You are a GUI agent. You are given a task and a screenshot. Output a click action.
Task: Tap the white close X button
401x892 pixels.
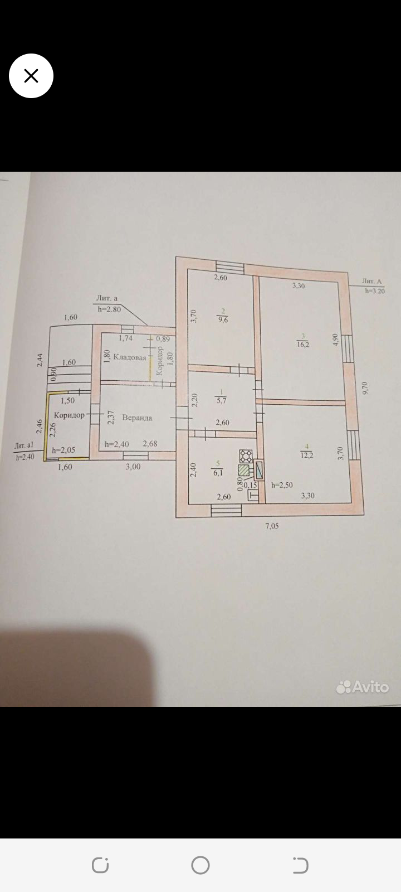(31, 76)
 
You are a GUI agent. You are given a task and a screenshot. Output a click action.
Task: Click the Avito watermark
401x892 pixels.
(363, 687)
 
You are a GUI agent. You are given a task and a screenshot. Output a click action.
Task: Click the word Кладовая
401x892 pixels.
(130, 357)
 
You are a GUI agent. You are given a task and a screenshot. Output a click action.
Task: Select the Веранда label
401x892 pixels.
(137, 418)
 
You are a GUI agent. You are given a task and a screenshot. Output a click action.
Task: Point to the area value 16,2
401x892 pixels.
(303, 345)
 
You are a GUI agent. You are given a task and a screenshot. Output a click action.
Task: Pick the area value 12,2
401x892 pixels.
(307, 455)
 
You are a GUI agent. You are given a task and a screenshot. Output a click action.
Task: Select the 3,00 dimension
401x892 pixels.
(133, 467)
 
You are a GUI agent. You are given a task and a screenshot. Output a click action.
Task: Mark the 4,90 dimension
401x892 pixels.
(335, 340)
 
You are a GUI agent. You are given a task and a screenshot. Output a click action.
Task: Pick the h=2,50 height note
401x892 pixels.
(282, 485)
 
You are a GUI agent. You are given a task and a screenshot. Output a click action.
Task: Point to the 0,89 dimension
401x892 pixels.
(163, 338)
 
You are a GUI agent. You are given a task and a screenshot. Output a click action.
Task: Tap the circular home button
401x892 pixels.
(200, 865)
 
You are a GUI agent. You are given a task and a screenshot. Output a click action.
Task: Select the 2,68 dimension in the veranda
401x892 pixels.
(150, 444)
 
